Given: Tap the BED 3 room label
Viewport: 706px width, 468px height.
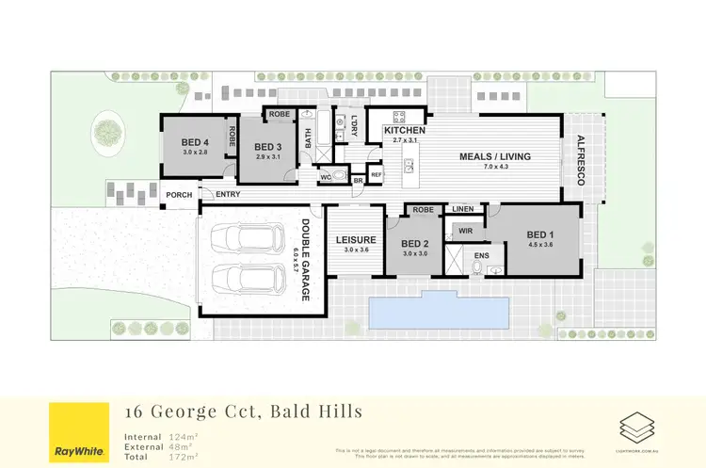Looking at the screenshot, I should coord(267,147).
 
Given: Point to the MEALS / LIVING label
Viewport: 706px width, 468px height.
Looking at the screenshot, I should coord(495,156).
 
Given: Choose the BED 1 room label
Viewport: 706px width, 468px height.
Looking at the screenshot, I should coord(540,234).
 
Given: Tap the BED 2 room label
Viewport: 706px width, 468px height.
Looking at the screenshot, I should coord(415,243).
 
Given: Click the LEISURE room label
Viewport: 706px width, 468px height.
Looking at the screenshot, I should coord(356,240).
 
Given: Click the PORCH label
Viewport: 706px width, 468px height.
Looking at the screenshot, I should coord(180,195).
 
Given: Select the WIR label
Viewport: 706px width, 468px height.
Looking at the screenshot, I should coord(464,229).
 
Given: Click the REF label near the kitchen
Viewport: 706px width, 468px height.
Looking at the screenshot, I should coord(376,174).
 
